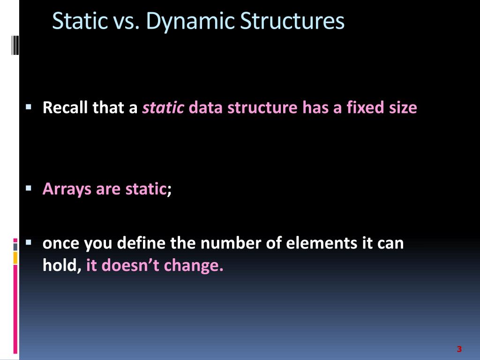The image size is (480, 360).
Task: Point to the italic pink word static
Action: (x=163, y=108)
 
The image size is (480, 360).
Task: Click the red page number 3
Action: (x=459, y=349)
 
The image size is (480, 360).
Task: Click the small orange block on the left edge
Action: (x=15, y=257)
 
